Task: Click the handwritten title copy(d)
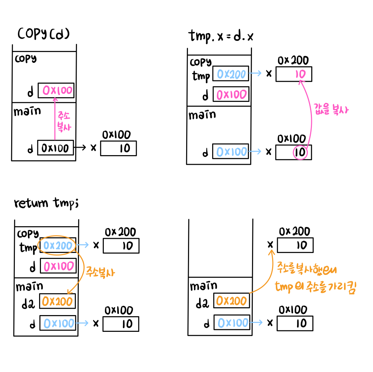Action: tap(44, 35)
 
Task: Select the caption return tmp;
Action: tap(46, 203)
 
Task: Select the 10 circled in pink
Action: tap(300, 152)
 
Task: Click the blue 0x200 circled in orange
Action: tap(58, 246)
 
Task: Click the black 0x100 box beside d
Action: tap(55, 148)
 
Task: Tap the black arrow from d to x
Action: tap(80, 148)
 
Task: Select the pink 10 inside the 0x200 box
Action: tap(300, 74)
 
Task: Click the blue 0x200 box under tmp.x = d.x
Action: tap(231, 75)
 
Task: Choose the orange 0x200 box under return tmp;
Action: tap(57, 301)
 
